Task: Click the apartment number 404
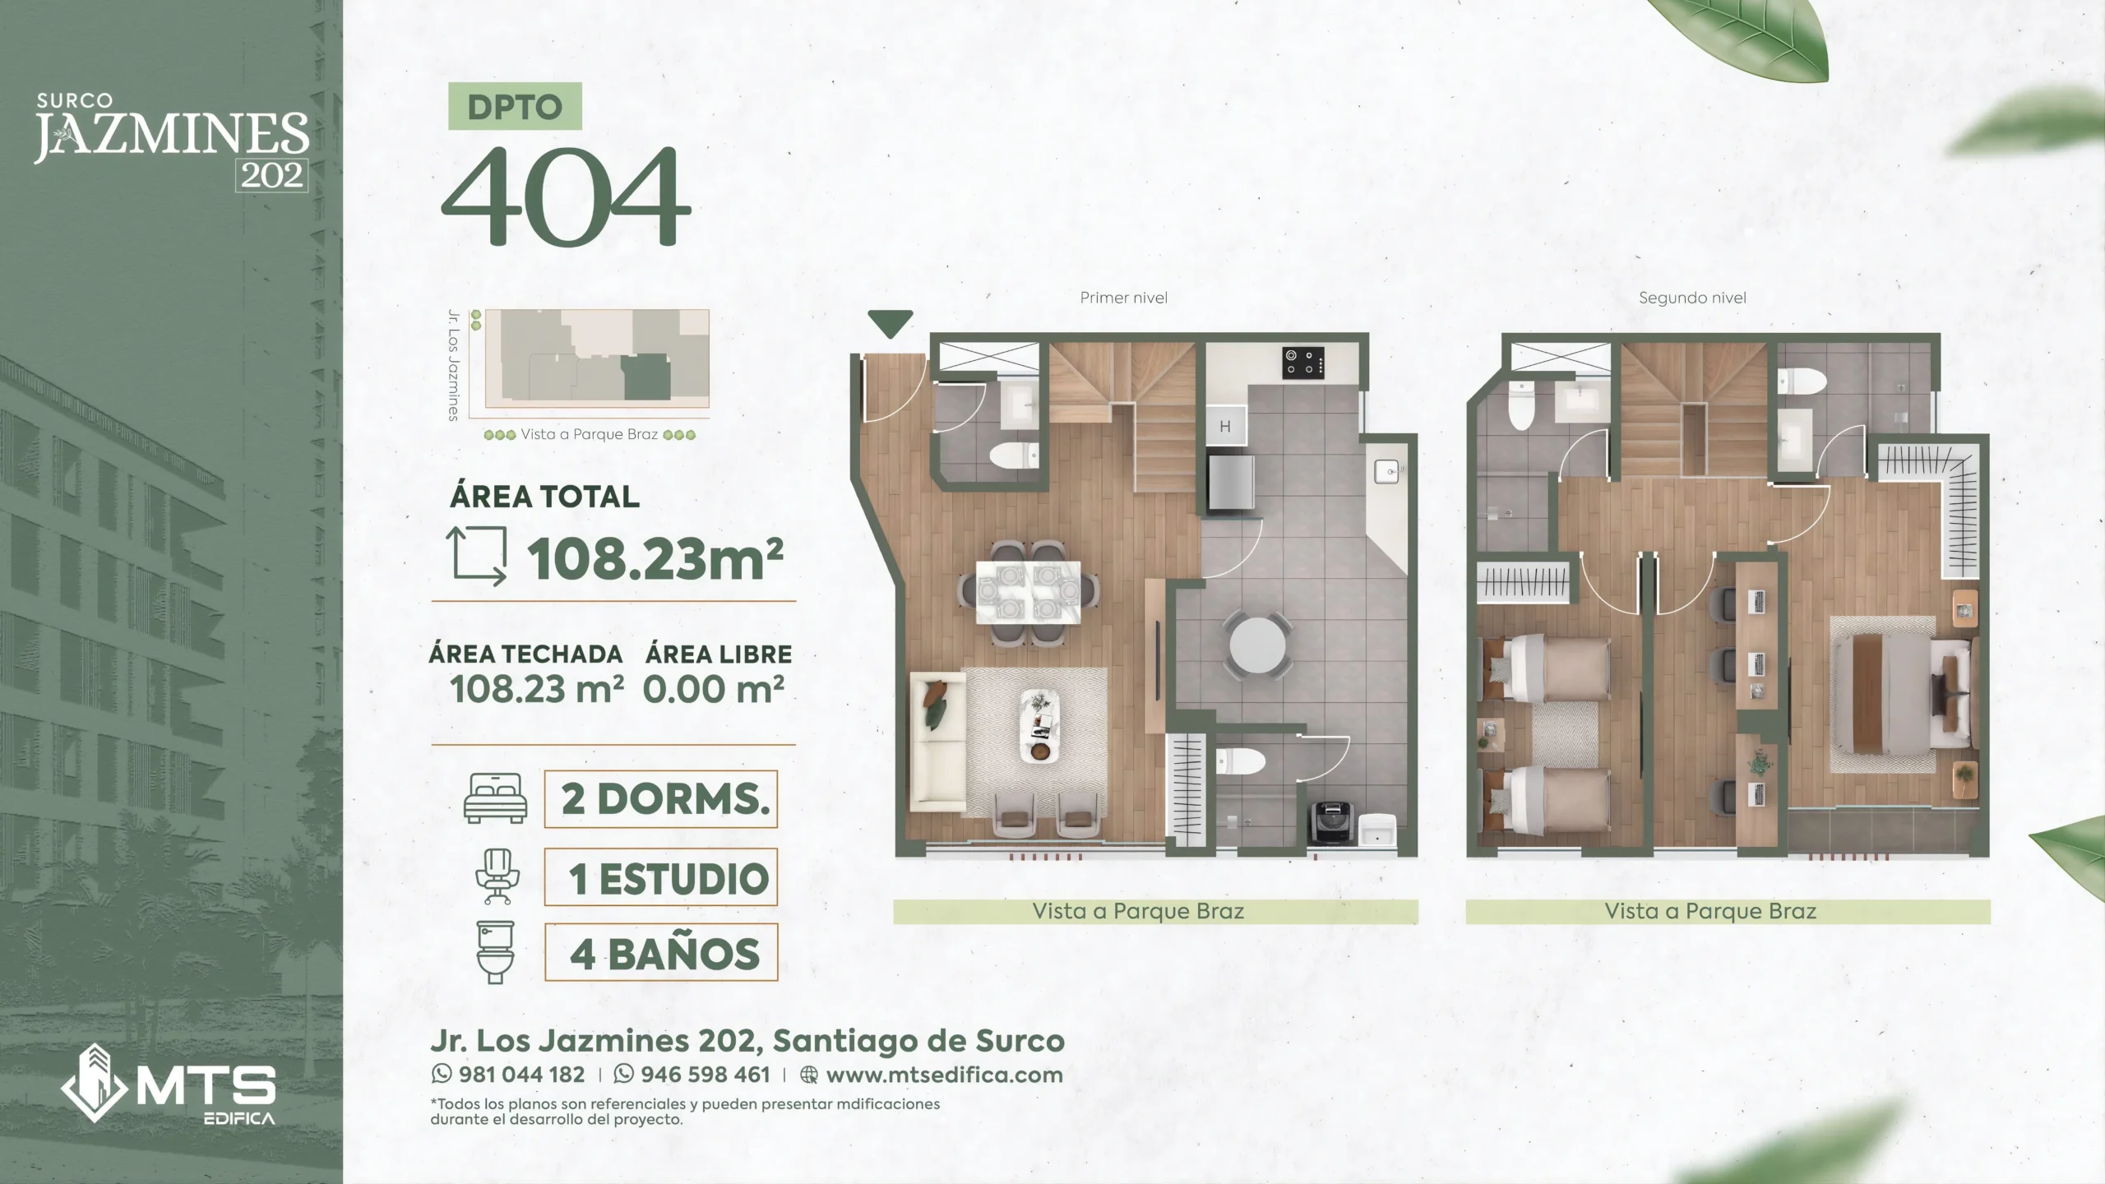(566, 197)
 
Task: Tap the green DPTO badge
(515, 106)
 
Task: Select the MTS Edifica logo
(169, 1083)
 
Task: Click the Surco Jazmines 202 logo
(172, 141)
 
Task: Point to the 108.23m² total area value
(655, 559)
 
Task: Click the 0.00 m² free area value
(714, 689)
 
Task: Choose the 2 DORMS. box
(661, 798)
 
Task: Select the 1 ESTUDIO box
(661, 877)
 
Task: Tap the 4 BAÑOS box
(661, 953)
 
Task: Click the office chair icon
(497, 876)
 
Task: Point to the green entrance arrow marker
(890, 323)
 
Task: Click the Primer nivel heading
(1123, 298)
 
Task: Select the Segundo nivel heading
(1692, 298)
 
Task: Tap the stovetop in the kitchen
(1303, 363)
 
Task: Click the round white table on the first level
(1257, 645)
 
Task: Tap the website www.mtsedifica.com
(944, 1075)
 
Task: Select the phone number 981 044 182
(521, 1075)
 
